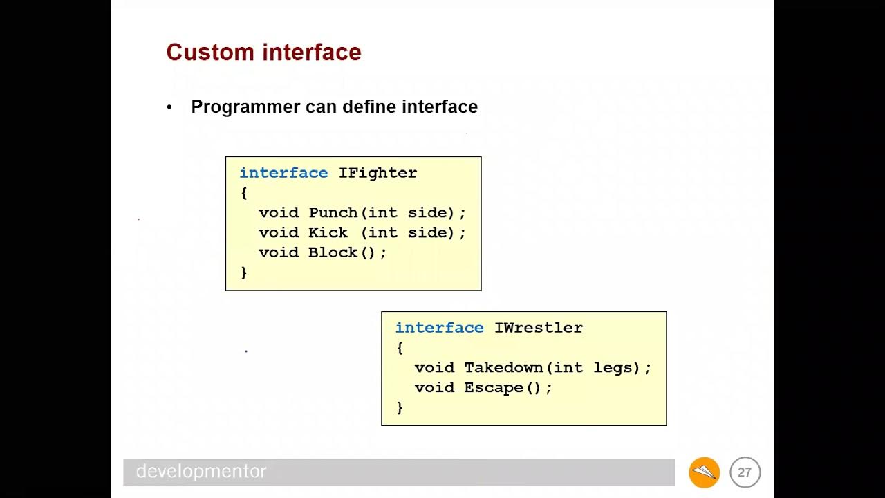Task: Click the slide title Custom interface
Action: click(263, 53)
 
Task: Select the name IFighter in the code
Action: click(378, 173)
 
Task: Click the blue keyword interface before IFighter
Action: click(283, 173)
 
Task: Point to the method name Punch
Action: click(333, 213)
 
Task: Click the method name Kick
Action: click(328, 233)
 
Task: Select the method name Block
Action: click(333, 252)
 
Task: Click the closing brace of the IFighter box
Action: click(243, 273)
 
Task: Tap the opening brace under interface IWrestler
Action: click(400, 348)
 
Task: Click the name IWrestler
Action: click(538, 328)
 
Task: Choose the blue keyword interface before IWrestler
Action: click(439, 328)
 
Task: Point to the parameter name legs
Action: click(612, 368)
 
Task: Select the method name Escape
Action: click(493, 388)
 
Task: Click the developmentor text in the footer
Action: click(201, 472)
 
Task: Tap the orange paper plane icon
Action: click(704, 472)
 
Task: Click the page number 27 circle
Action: click(745, 472)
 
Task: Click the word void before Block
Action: click(279, 252)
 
